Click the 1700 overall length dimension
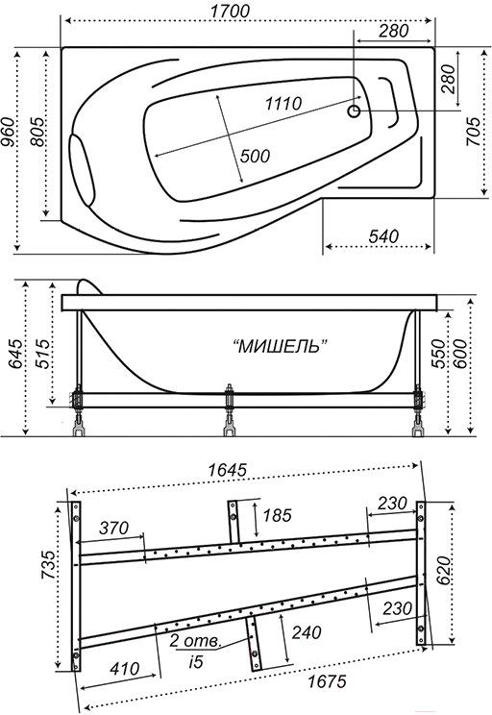coord(230,11)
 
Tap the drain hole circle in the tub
coord(354,111)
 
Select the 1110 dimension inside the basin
coord(283,104)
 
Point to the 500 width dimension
coord(255,156)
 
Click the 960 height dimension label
coord(8,132)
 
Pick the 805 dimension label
coord(37,132)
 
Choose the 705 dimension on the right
coord(473,132)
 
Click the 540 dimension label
coord(383,236)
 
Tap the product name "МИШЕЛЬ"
coord(283,347)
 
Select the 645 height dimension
coord(15,354)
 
